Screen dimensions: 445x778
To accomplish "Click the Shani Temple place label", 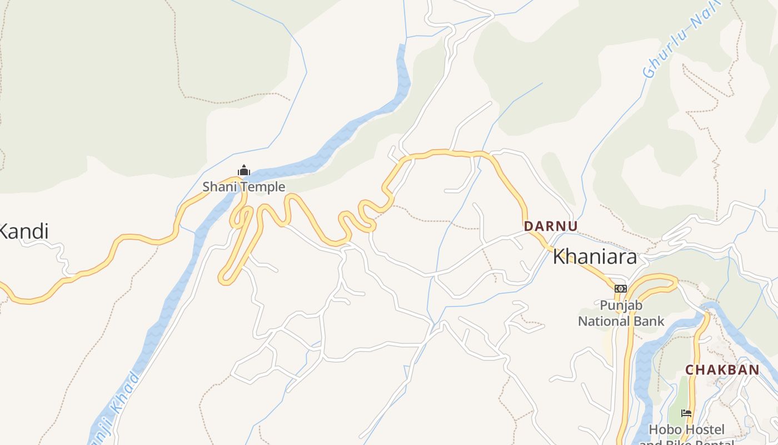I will (x=243, y=187).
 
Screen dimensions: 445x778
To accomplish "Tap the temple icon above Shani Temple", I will (x=243, y=170).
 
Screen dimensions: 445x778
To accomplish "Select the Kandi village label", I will (x=23, y=231).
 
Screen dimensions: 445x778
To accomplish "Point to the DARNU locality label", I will (x=551, y=226).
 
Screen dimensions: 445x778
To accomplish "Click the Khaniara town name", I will (x=595, y=257).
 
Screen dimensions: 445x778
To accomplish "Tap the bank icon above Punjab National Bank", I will (x=621, y=288).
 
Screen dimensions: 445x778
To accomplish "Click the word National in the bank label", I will (x=602, y=321).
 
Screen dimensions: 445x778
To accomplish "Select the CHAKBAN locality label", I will (x=722, y=370).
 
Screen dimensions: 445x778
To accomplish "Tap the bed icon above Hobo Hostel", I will (x=687, y=413).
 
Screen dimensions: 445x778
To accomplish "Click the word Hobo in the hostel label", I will (x=664, y=429).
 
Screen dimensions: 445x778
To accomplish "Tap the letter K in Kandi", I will (x=3, y=231).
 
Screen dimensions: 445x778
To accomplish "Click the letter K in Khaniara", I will (x=559, y=257).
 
